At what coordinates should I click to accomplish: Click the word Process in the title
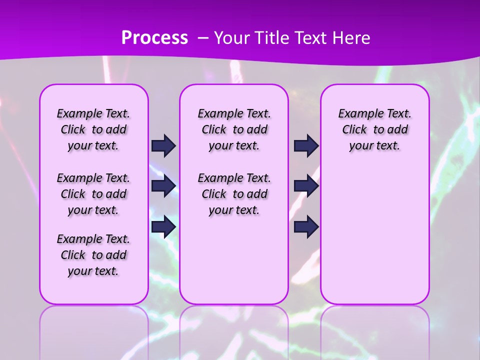(154, 37)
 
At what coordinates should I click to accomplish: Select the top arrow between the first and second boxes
(163, 145)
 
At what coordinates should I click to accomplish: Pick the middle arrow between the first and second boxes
(163, 186)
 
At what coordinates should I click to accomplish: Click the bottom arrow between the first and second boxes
(163, 226)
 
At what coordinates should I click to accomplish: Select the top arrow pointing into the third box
(306, 145)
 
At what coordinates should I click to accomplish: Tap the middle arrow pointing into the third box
(306, 186)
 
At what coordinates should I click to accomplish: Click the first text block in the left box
(93, 129)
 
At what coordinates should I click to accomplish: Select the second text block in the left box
(93, 194)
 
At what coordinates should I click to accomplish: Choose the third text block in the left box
(93, 255)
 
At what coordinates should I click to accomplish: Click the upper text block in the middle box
(234, 129)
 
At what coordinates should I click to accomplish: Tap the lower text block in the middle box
(234, 194)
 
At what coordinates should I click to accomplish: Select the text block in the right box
(374, 129)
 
